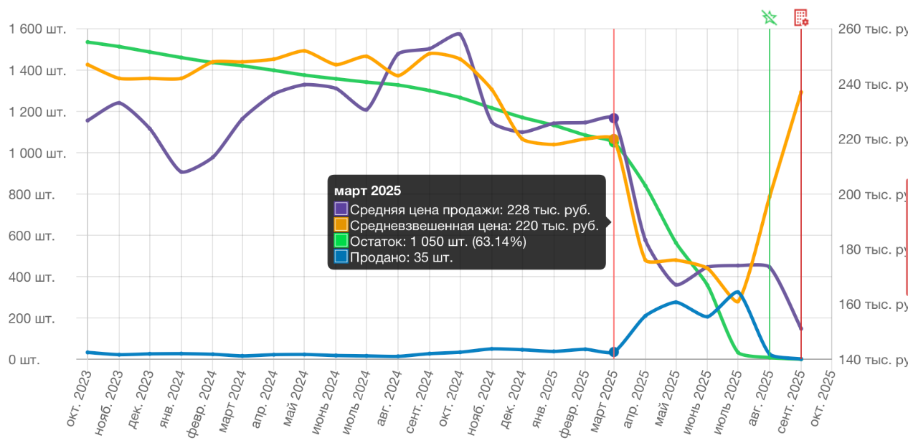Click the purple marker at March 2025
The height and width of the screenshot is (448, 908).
point(614,118)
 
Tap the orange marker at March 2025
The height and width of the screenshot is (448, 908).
point(614,138)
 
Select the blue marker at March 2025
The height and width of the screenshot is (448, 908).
point(614,352)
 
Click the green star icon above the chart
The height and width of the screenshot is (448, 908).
point(770,17)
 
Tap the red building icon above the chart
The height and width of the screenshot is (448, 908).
point(801,17)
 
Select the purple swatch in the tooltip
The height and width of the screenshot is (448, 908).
point(341,209)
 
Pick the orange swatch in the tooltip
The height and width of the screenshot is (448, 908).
point(341,226)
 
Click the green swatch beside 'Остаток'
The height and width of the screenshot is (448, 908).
point(341,242)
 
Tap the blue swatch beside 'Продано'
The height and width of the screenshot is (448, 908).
point(341,257)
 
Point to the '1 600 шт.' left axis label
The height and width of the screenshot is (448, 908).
point(42,29)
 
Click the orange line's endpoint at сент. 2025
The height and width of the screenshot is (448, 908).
point(801,92)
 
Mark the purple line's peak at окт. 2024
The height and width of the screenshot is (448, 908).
point(459,33)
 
